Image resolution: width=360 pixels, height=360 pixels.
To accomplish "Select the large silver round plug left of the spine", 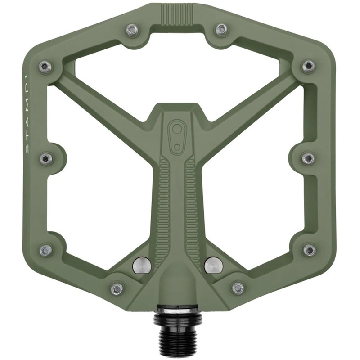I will [x=142, y=265].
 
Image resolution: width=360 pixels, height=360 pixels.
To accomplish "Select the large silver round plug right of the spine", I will [x=213, y=265].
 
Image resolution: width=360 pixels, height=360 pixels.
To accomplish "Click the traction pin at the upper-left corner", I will [x=45, y=67].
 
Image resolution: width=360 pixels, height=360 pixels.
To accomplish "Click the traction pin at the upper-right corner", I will [x=308, y=67].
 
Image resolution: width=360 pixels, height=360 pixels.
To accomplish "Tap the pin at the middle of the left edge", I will [x=46, y=158].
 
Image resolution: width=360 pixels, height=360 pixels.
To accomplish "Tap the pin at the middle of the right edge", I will [x=308, y=158].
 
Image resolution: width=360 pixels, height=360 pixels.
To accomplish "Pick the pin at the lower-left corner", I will [x=46, y=250].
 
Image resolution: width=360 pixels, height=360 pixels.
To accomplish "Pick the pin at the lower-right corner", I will [x=309, y=250].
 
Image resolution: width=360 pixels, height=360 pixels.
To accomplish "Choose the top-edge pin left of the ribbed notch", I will [x=133, y=30].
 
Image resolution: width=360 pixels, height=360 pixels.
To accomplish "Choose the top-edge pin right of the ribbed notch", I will [x=221, y=30].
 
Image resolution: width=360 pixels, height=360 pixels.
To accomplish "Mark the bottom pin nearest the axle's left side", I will [x=117, y=288].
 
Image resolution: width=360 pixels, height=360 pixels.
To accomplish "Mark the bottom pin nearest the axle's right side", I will [x=238, y=288].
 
